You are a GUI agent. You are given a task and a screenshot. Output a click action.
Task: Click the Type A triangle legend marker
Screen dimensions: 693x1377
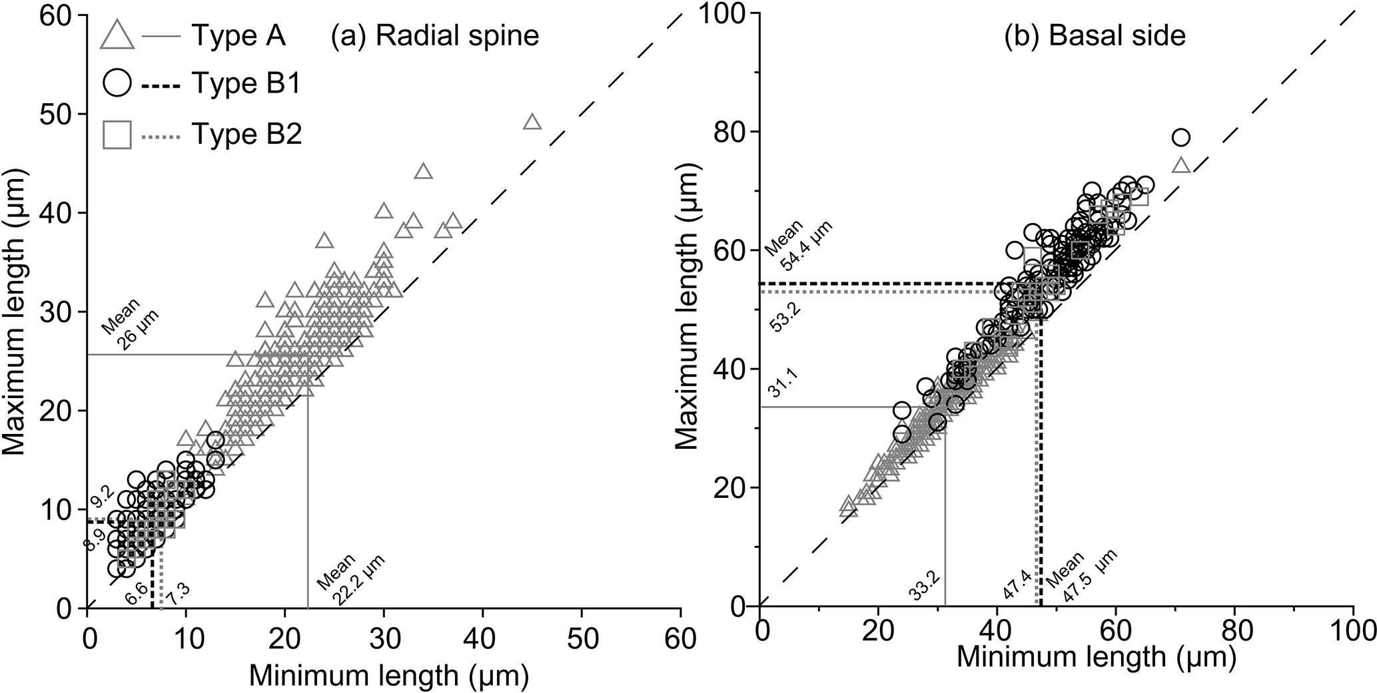117,35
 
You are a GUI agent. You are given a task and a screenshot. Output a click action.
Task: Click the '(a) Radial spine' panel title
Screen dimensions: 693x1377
435,35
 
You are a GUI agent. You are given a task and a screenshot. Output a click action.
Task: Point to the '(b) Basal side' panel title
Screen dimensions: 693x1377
1095,35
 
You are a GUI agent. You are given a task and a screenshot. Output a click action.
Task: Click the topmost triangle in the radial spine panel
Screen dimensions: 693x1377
532,122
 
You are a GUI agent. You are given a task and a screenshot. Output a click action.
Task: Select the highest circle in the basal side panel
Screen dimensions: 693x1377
1180,138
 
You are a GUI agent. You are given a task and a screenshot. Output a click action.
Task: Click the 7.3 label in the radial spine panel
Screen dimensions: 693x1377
177,590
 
